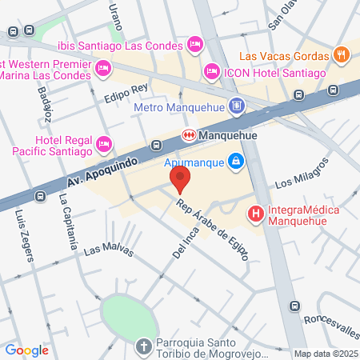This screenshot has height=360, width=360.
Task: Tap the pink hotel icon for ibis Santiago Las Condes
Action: (x=194, y=42)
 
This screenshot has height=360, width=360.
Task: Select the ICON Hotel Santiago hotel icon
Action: (x=211, y=72)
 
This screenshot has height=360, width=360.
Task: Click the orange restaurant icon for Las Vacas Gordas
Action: (x=342, y=56)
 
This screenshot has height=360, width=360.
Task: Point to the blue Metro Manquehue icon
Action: (x=236, y=106)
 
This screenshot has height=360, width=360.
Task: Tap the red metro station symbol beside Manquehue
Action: (x=190, y=134)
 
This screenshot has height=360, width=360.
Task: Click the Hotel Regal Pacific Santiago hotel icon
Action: (x=103, y=145)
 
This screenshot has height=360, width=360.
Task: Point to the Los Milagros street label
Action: (x=302, y=175)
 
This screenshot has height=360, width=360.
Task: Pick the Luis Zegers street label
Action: (x=25, y=235)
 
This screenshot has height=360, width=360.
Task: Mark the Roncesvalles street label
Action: (x=328, y=315)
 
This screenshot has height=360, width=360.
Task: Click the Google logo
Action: (x=27, y=350)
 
